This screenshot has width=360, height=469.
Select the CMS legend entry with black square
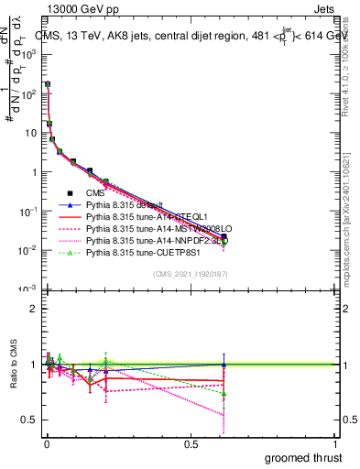pos(95,193)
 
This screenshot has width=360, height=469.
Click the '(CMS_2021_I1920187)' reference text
pos(191,274)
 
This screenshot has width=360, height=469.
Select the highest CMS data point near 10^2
pos(48,84)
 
